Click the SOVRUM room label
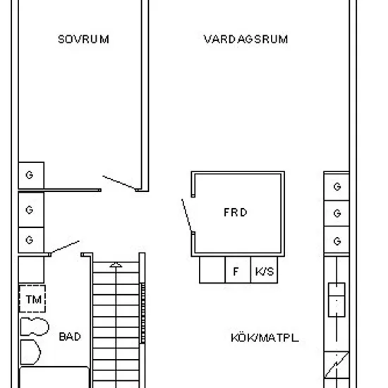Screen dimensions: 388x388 (83, 40)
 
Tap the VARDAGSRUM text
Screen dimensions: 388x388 (245, 40)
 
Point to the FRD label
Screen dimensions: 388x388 (236, 212)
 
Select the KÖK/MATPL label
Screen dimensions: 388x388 (265, 338)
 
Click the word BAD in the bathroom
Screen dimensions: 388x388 (70, 337)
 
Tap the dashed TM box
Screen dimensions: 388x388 (32, 298)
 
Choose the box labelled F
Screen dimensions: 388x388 (238, 269)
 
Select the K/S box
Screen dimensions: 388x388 (264, 269)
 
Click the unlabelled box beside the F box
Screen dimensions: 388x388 (212, 269)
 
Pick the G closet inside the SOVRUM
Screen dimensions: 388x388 (31, 175)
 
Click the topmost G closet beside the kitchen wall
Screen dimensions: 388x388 (337, 187)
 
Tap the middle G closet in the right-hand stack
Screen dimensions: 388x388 (337, 213)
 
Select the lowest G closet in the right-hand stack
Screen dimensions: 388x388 (337, 240)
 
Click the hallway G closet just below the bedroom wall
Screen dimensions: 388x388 (31, 210)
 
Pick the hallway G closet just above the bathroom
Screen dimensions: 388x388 (31, 240)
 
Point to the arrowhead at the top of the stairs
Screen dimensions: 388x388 (116, 265)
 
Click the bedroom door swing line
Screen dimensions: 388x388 (119, 183)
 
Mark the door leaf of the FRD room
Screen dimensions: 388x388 (187, 216)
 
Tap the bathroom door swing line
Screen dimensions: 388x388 (65, 247)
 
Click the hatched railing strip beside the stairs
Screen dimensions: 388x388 (143, 313)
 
